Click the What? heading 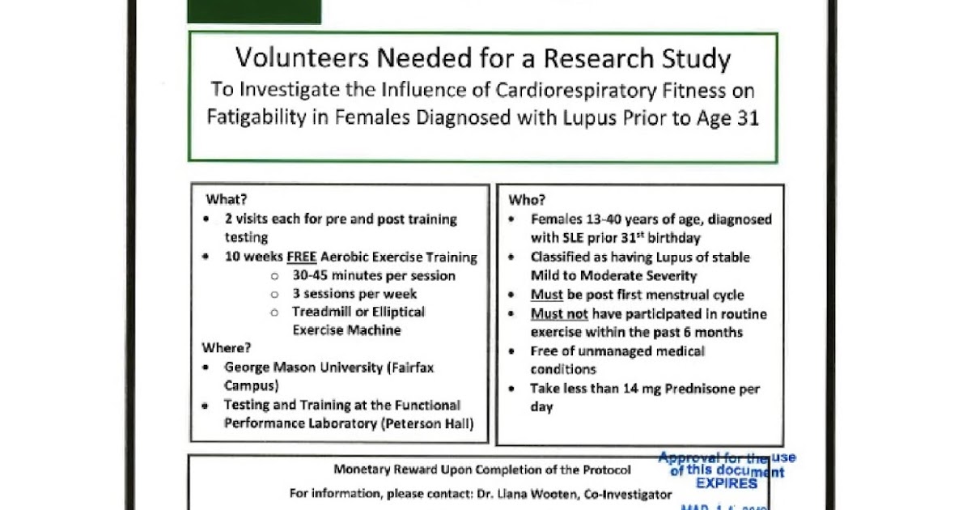point(227,200)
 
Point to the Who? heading point(527,200)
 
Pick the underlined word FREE point(301,257)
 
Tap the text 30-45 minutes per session point(374,276)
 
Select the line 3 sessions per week point(354,294)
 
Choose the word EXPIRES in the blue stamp point(727,483)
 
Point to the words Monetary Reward point(381,470)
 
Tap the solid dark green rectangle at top point(254,11)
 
